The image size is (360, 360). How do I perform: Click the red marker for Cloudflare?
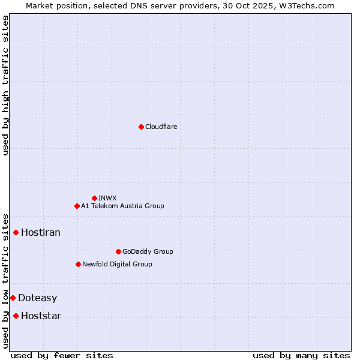pyautogui.click(x=141, y=127)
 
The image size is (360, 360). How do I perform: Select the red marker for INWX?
pyautogui.click(x=94, y=198)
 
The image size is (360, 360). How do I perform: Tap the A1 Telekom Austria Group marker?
pyautogui.click(x=77, y=206)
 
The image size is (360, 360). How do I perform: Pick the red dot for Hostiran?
pyautogui.click(x=16, y=232)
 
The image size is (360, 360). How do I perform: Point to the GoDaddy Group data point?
pyautogui.click(x=118, y=251)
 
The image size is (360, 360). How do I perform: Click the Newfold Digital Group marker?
pyautogui.click(x=78, y=264)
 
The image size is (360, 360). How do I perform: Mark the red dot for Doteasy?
pyautogui.click(x=13, y=298)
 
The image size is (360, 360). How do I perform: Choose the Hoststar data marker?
pyautogui.click(x=16, y=316)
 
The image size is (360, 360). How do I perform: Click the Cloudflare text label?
pyautogui.click(x=161, y=127)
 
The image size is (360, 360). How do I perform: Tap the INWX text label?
pyautogui.click(x=107, y=198)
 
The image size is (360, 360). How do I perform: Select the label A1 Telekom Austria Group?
pyautogui.click(x=122, y=206)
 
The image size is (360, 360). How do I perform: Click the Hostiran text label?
pyautogui.click(x=41, y=232)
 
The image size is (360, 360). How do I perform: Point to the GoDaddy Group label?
pyautogui.click(x=148, y=251)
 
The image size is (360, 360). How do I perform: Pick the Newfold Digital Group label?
pyautogui.click(x=117, y=264)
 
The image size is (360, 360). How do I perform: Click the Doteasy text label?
pyautogui.click(x=38, y=298)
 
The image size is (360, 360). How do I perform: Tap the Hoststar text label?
pyautogui.click(x=41, y=316)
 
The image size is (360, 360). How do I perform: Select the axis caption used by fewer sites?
pyautogui.click(x=62, y=355)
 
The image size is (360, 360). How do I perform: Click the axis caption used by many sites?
pyautogui.click(x=301, y=355)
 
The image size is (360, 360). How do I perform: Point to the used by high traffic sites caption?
pyautogui.click(x=5, y=85)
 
